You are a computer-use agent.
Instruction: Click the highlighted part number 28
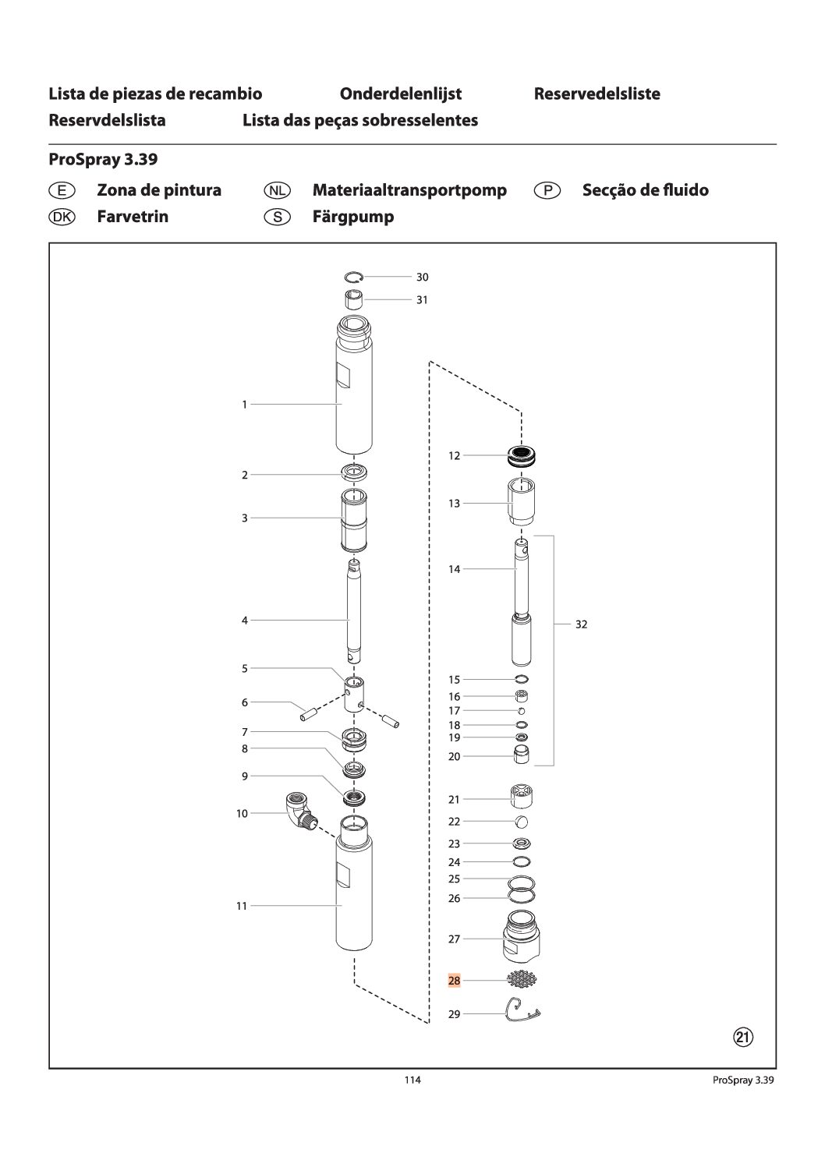point(454,981)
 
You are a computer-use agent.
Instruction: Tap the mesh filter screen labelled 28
point(521,980)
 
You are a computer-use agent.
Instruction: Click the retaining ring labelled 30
point(354,276)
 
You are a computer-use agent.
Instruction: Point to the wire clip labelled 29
point(522,1010)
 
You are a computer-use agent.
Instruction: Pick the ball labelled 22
point(522,822)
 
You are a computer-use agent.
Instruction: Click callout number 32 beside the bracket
point(581,624)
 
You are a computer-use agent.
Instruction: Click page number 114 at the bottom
point(412,1080)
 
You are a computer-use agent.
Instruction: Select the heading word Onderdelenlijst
point(400,94)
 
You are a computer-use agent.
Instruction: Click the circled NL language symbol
point(277,190)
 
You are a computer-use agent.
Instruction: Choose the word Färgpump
point(352,217)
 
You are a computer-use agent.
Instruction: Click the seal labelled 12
point(523,455)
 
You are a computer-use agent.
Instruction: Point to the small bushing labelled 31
point(355,299)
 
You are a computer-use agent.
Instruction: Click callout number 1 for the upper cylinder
point(244,405)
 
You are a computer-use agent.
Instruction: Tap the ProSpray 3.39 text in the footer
point(743,1080)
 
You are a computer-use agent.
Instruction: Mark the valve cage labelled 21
point(522,797)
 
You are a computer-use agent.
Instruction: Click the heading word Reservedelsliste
point(597,94)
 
